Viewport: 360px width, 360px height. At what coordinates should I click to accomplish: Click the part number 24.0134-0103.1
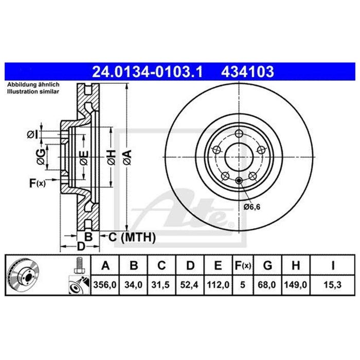tap(148, 71)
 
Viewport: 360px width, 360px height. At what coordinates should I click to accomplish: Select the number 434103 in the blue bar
tap(247, 71)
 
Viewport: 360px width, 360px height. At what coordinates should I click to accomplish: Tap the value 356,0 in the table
tap(105, 285)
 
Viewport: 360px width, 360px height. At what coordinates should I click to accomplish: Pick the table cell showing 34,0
tap(133, 285)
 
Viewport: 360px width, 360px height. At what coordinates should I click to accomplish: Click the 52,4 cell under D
tap(189, 285)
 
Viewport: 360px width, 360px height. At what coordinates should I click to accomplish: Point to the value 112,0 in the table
tap(218, 285)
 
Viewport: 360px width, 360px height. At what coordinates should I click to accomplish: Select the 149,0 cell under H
tap(296, 285)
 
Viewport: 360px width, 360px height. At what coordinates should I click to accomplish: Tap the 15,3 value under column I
tap(332, 285)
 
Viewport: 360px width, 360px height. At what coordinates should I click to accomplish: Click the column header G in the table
tap(268, 266)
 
